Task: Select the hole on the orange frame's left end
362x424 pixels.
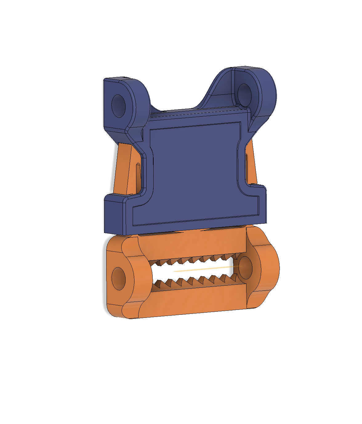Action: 119,278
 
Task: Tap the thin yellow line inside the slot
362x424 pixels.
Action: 203,270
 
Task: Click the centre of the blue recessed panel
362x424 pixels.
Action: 194,172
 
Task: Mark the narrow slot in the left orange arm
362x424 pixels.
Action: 138,175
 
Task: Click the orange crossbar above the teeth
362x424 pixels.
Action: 191,245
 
